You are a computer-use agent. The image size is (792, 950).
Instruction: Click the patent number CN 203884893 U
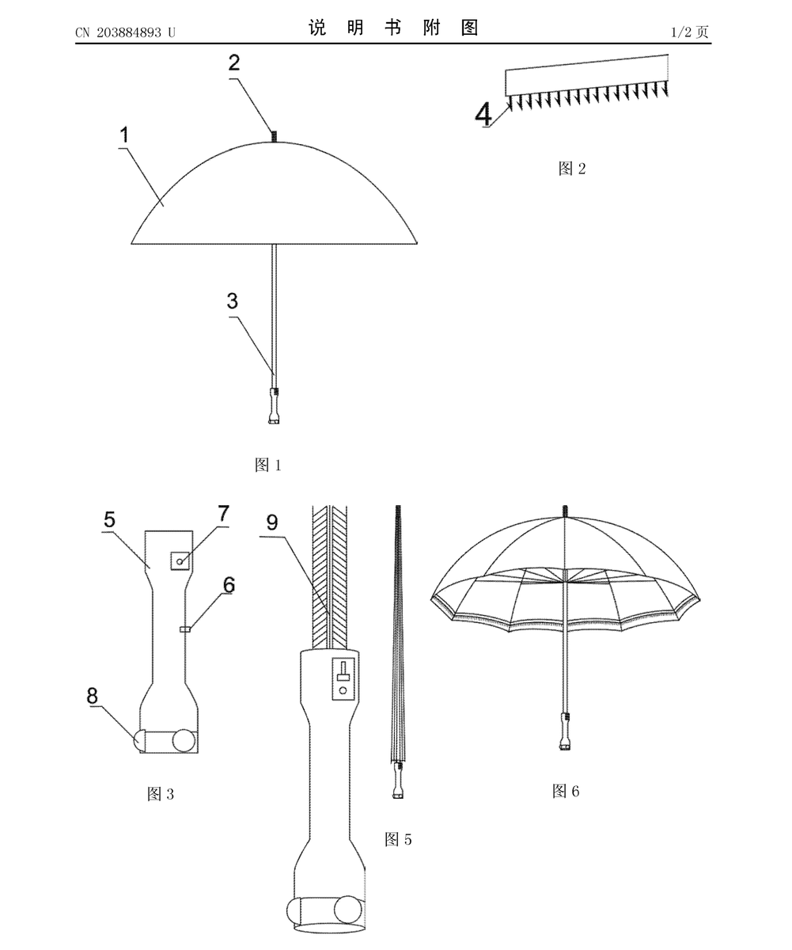coord(125,32)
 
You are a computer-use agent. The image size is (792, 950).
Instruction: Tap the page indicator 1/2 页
coord(690,32)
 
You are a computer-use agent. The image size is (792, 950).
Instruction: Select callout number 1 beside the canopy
coord(124,135)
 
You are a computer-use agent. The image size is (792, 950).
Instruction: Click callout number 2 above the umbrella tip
coord(233,63)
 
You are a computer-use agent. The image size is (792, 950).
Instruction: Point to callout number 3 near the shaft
coord(233,301)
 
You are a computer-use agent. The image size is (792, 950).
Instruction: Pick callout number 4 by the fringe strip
coord(483,114)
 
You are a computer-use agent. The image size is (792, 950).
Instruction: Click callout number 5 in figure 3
coord(109,519)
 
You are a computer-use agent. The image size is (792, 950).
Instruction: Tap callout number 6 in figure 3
coord(229,585)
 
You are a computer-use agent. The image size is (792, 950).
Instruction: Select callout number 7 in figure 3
coord(223,514)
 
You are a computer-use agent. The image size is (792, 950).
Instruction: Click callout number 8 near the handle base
coord(93,696)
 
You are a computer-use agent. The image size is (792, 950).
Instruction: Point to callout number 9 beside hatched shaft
coord(272,522)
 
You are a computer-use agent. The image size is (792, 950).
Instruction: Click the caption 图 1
coord(268,465)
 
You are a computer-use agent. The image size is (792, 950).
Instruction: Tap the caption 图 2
coord(572,169)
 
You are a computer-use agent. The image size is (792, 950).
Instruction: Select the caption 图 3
coord(161,794)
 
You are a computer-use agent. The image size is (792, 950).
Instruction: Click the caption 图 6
coord(566,791)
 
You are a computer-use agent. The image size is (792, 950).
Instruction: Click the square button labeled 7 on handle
coord(180,560)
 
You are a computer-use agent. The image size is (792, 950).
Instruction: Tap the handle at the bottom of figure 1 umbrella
coord(274,406)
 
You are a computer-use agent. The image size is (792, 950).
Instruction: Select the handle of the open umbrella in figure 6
coord(565,731)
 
